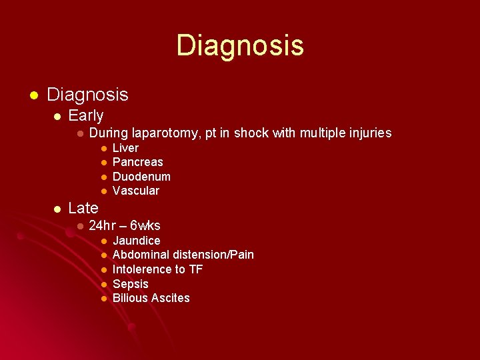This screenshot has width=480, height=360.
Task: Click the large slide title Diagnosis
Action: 240,45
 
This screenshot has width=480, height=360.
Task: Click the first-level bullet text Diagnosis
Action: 87,95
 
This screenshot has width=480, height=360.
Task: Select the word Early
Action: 86,115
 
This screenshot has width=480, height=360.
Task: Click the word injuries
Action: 367,133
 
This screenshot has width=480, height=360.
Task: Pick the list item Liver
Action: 125,148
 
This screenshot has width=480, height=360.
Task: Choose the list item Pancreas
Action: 137,162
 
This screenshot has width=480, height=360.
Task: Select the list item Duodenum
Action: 141,177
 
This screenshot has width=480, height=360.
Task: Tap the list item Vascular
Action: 136,191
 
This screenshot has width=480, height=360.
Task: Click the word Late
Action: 83,208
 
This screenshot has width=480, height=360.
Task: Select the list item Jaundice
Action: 136,241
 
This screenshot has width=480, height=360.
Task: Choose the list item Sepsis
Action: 130,284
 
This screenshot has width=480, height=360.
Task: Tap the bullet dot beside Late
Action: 58,209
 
